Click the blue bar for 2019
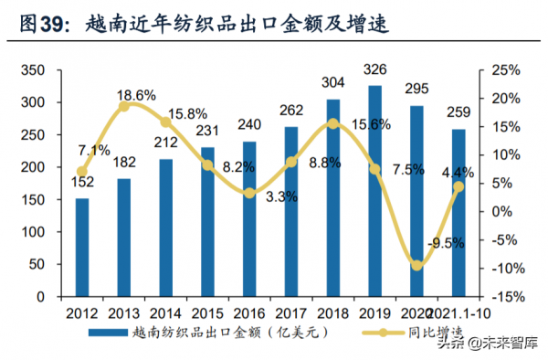tap(374, 191)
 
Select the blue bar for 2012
tap(82, 248)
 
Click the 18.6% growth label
tap(136, 94)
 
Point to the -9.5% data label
tap(446, 243)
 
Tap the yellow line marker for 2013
tap(124, 106)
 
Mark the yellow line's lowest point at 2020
tap(417, 265)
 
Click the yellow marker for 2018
tap(333, 123)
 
